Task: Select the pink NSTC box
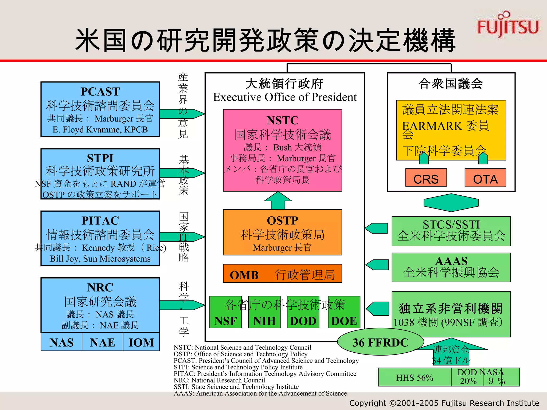click(282, 150)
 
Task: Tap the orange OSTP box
click(282, 232)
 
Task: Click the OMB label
click(244, 275)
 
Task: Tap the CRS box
click(426, 178)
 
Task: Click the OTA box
click(485, 178)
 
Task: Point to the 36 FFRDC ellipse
click(380, 342)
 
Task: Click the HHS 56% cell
click(415, 377)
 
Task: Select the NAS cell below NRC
click(61, 342)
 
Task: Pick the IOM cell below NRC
click(141, 342)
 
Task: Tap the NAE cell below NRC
click(102, 342)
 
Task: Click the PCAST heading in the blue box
click(100, 92)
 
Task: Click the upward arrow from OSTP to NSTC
click(278, 201)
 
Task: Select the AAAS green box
click(451, 267)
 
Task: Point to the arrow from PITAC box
click(182, 237)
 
